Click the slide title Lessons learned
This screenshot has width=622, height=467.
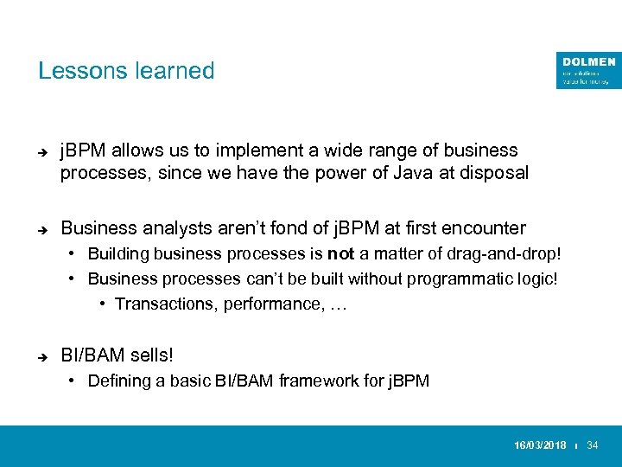click(x=126, y=71)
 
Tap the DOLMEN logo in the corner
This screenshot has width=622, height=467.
click(x=588, y=70)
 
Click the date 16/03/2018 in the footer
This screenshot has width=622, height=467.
click(x=541, y=445)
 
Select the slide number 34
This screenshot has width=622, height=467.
click(x=593, y=445)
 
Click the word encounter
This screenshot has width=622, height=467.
click(x=483, y=228)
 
